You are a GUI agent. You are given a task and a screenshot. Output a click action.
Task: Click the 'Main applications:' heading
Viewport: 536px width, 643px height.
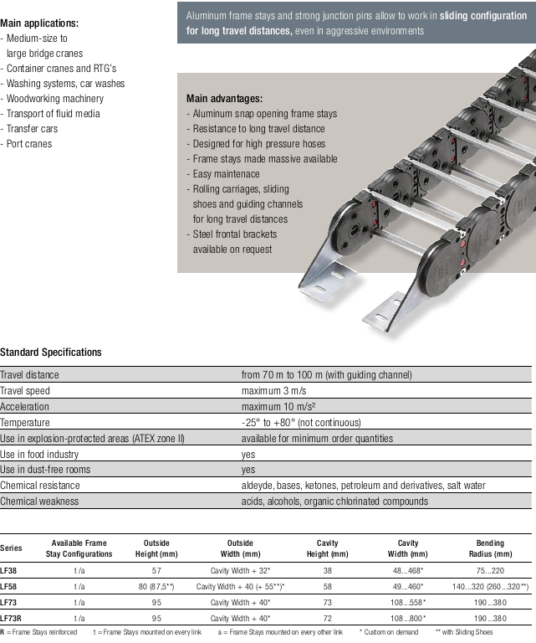coord(40,23)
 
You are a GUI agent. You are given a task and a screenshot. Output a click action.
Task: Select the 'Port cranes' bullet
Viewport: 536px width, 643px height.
coord(29,144)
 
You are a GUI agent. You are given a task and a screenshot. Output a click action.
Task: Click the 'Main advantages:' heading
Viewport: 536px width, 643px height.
coord(224,98)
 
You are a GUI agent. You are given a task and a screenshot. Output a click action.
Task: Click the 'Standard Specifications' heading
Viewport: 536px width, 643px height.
coord(51,352)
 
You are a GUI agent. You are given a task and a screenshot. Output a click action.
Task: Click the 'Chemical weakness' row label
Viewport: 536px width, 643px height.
coord(39,502)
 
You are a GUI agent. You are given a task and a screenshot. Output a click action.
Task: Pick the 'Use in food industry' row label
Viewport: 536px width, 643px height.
coord(40,454)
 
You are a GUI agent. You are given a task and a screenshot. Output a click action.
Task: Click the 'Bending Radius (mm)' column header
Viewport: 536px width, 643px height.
coord(490,548)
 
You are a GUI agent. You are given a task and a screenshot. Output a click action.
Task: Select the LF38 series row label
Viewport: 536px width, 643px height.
coord(9,569)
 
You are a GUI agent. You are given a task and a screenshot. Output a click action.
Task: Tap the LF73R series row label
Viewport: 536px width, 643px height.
coord(11,618)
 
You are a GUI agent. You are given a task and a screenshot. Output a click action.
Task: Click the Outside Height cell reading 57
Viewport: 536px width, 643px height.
coord(156,569)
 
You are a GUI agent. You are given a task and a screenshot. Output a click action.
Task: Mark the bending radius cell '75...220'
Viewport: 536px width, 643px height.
coord(490,569)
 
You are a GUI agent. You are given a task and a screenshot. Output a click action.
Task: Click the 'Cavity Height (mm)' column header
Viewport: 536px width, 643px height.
coord(327,548)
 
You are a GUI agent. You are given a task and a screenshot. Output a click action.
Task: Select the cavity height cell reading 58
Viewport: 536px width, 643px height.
coord(327,586)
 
